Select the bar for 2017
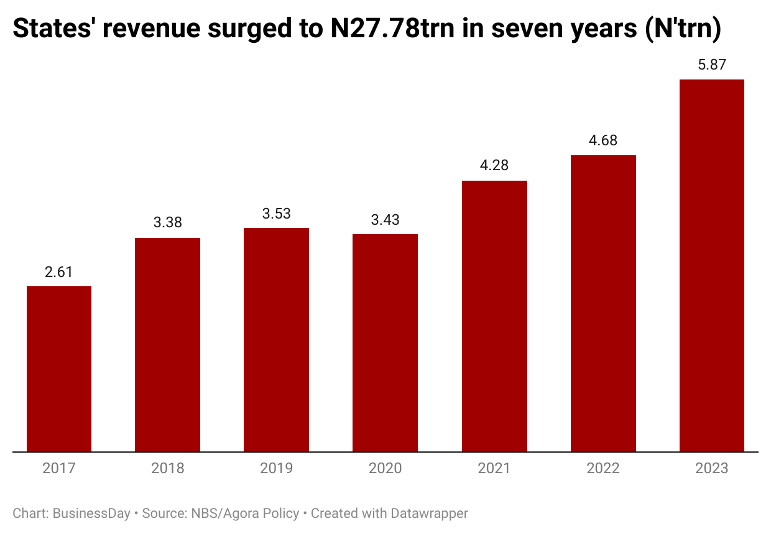point(59,369)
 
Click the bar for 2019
point(276,340)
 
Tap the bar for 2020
point(385,343)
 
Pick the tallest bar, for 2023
point(712,265)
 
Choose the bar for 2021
point(494,316)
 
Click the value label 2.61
point(59,272)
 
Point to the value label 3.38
point(167,223)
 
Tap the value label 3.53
point(276,214)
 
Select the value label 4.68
point(603,140)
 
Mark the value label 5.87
point(712,65)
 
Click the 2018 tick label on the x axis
point(167,468)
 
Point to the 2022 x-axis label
point(603,468)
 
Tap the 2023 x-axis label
point(712,468)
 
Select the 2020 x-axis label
point(385,468)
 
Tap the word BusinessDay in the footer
point(91,514)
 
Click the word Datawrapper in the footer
point(429,514)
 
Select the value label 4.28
point(494,166)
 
